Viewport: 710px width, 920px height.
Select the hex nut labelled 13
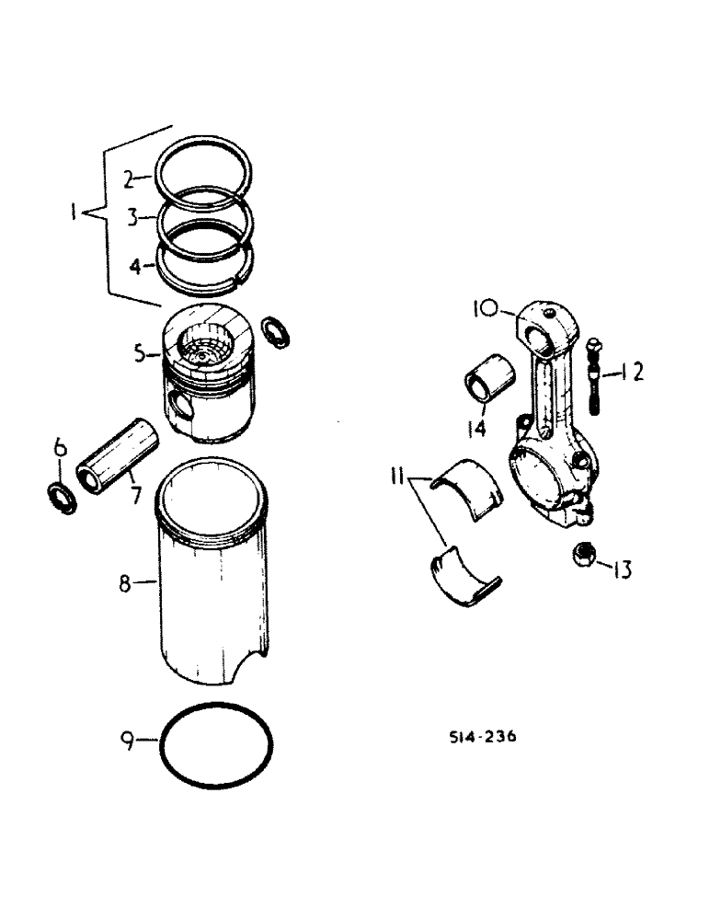581,554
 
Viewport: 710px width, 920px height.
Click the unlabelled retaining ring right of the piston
275,331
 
